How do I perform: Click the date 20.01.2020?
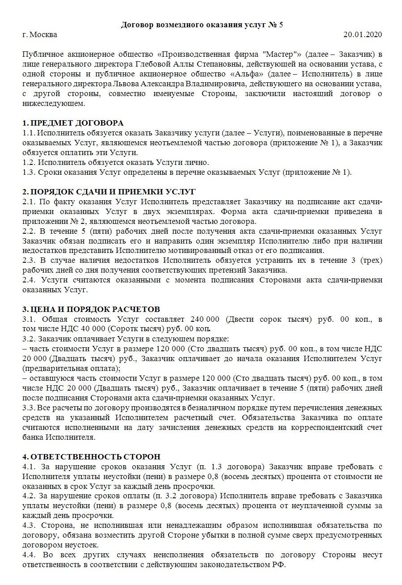click(x=363, y=34)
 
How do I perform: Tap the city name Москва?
click(x=43, y=34)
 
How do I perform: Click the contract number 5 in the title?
click(x=280, y=25)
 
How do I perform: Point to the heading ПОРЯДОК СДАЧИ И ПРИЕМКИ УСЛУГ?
click(x=112, y=192)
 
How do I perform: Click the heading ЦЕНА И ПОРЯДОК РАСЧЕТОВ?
click(x=94, y=310)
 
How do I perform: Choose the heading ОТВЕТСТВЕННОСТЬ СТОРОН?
click(x=96, y=457)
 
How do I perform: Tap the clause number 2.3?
click(x=30, y=260)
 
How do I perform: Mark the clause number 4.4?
click(x=30, y=556)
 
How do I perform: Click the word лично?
click(x=198, y=162)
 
